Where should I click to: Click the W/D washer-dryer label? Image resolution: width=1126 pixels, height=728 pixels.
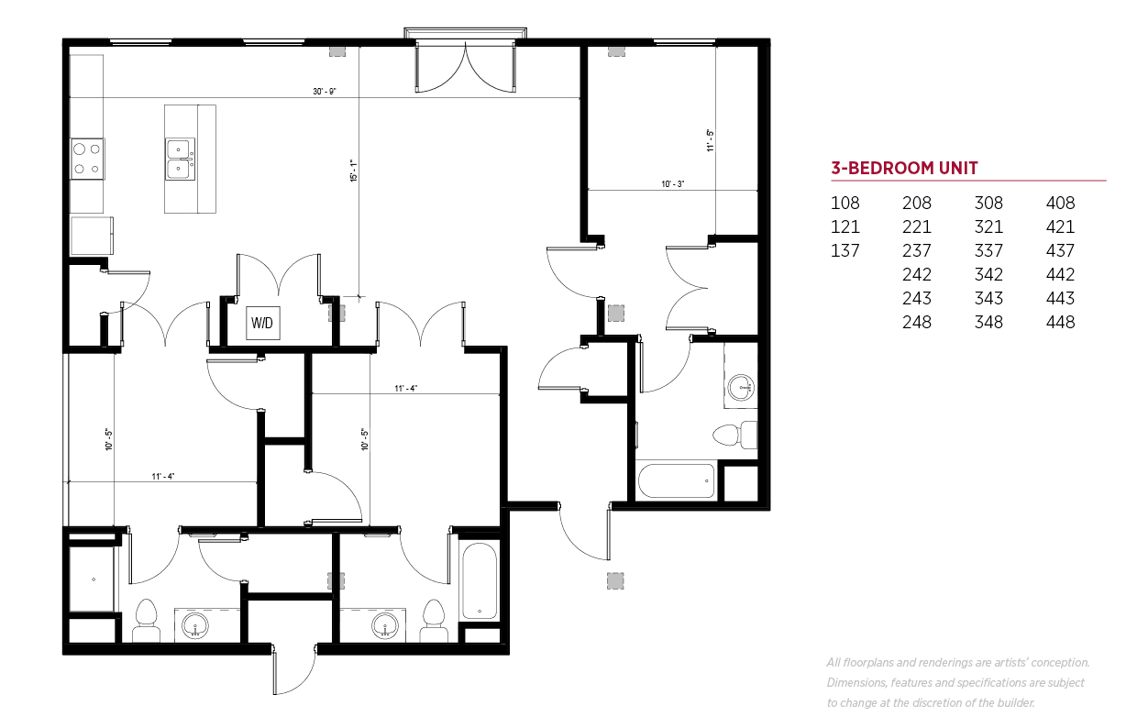(x=262, y=323)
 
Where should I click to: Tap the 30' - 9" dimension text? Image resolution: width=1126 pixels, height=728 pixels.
(x=325, y=92)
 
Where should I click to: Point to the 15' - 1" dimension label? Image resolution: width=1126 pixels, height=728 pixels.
(x=354, y=171)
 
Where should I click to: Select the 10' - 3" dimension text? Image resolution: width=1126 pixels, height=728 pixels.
(x=673, y=184)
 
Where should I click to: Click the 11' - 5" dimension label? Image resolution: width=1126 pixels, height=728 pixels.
(x=711, y=140)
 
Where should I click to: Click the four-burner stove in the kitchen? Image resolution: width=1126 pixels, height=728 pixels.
(x=87, y=159)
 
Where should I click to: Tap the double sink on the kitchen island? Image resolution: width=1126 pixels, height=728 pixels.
(x=180, y=160)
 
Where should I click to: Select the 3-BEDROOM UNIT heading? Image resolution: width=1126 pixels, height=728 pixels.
(x=904, y=168)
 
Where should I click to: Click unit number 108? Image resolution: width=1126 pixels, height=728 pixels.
(x=845, y=204)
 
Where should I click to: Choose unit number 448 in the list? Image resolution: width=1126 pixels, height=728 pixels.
(x=1060, y=322)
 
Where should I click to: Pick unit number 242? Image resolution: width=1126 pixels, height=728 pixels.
(x=916, y=274)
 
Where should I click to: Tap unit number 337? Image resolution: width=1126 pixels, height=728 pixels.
(x=988, y=251)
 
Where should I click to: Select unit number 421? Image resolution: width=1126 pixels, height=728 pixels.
(x=1060, y=226)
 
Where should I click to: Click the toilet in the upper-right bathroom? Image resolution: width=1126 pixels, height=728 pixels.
(x=734, y=435)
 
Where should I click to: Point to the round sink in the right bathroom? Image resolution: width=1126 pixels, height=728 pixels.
(x=741, y=387)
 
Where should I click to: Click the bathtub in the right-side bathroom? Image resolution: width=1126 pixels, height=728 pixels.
(x=676, y=480)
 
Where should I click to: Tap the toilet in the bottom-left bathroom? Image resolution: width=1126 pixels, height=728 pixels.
(x=147, y=621)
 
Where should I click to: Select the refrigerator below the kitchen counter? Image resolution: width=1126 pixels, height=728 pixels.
(x=92, y=236)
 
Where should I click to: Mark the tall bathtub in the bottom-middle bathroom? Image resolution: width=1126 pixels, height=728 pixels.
(x=480, y=580)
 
